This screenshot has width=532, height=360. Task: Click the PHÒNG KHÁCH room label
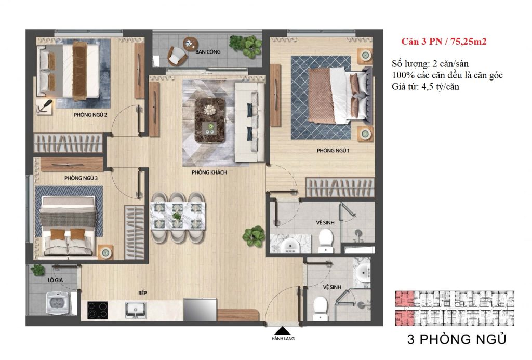[x=208, y=172]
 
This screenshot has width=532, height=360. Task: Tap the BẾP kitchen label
[x=142, y=293]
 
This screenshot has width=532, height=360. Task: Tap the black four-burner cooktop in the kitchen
[x=98, y=310]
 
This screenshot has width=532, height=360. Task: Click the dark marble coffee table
[x=210, y=117]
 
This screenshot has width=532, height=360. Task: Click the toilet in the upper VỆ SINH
[x=326, y=239]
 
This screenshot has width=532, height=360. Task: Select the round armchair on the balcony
[x=177, y=54]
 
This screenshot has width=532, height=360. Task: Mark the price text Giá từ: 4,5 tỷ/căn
[x=425, y=87]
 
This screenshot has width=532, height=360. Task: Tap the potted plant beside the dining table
[x=254, y=236]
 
